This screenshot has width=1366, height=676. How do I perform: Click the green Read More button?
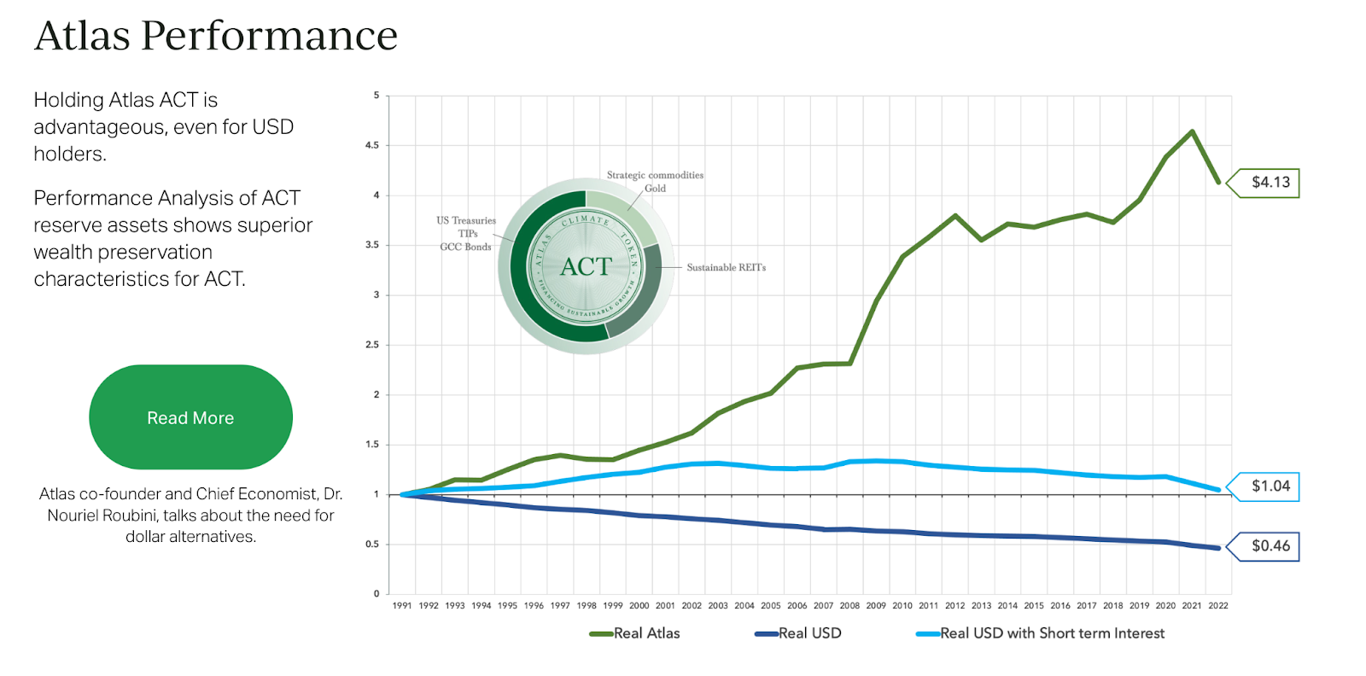tap(190, 417)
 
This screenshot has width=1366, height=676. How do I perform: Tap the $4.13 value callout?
tap(1270, 183)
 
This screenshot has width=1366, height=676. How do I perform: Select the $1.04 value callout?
tap(1270, 487)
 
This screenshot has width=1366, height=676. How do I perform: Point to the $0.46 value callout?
tap(1270, 546)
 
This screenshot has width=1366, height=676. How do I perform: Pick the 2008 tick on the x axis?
tap(849, 606)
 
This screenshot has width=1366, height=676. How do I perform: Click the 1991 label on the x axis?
tap(402, 606)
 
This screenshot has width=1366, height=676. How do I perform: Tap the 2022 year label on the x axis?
tap(1218, 606)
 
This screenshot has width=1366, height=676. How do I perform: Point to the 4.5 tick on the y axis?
tap(372, 146)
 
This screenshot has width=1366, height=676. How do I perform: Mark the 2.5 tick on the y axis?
tap(372, 345)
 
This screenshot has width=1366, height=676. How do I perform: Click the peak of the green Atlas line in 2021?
tap(1192, 131)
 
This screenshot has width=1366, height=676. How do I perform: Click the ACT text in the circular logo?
tap(586, 267)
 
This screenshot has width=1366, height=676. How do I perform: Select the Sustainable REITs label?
tap(726, 268)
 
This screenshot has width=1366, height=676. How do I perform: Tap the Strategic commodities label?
tap(655, 175)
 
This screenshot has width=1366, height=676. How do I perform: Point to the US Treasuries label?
tap(465, 220)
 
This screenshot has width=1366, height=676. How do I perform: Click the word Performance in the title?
tap(269, 36)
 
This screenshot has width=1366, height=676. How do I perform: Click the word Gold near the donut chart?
tap(655, 189)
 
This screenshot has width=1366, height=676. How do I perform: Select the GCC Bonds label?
tap(465, 247)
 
